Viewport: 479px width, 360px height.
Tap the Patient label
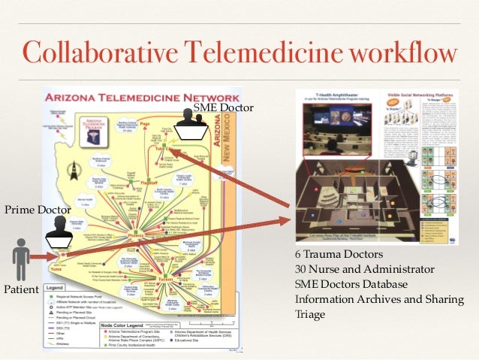21,288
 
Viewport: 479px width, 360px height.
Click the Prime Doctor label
33,208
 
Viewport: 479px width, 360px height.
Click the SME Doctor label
224,107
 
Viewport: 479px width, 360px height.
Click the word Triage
310,314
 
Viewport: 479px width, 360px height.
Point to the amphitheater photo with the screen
337,121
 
